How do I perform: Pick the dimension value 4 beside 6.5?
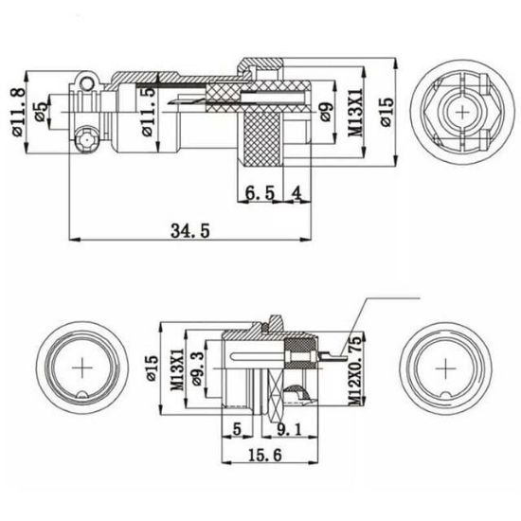(x=296, y=193)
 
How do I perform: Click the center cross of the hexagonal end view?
(x=464, y=113)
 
